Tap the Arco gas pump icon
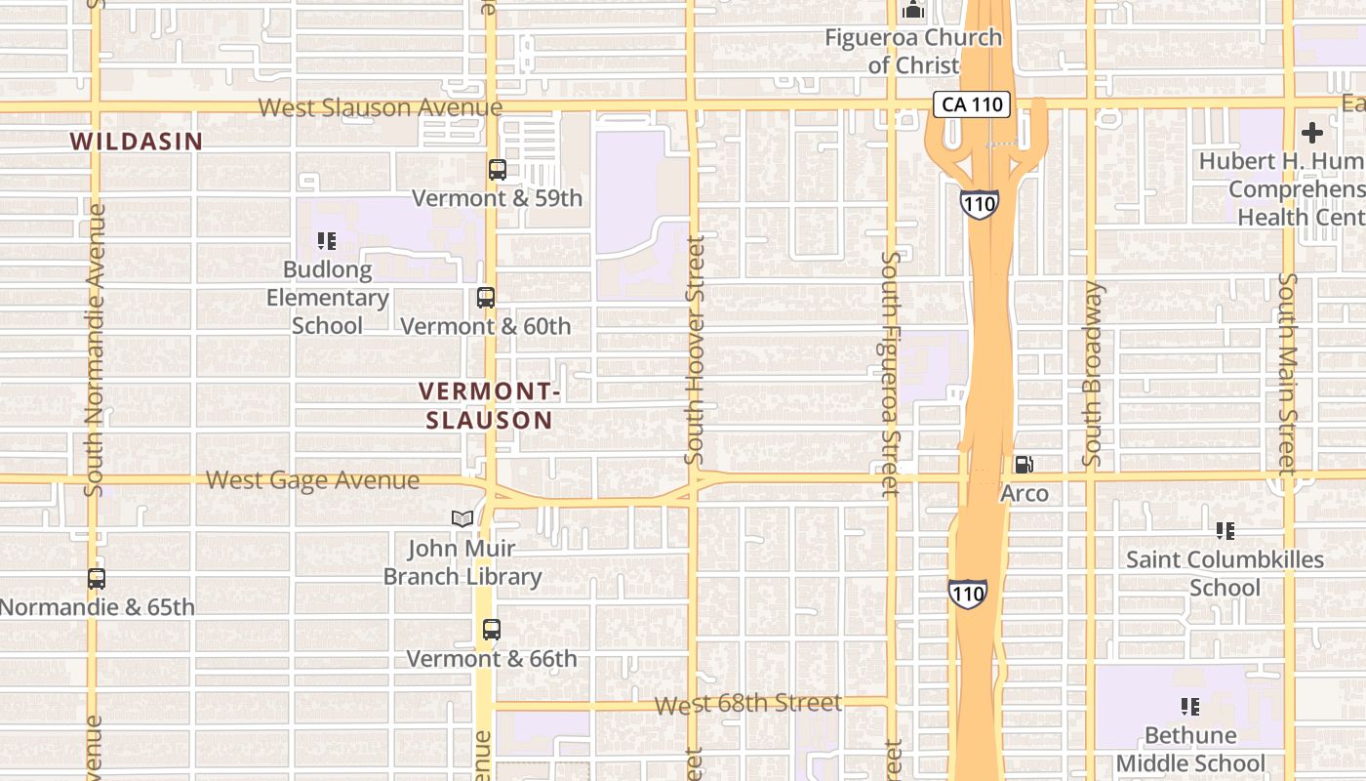(1024, 465)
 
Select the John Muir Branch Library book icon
(462, 519)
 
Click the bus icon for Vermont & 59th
(498, 170)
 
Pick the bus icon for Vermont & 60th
(485, 298)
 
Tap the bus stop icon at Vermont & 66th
(492, 630)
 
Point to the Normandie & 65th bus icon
(97, 579)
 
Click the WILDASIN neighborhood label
(137, 142)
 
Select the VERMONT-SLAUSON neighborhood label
(490, 406)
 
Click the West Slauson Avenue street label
(381, 107)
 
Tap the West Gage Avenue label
(313, 480)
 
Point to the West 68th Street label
(747, 704)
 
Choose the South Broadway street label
(1092, 374)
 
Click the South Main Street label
(1289, 374)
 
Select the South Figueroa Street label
(890, 374)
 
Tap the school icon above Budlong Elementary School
(327, 240)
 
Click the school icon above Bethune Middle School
(1190, 706)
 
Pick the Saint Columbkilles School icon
(1225, 531)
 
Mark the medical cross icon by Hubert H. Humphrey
(1312, 133)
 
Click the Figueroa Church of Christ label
(913, 51)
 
